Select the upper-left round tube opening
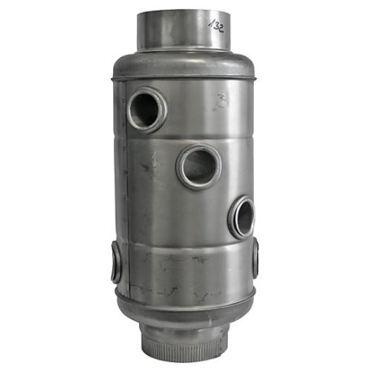coord(147,109)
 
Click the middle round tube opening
coord(197,166)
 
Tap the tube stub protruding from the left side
coord(115,260)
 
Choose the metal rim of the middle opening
coord(180,167)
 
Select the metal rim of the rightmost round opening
coord(231,218)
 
